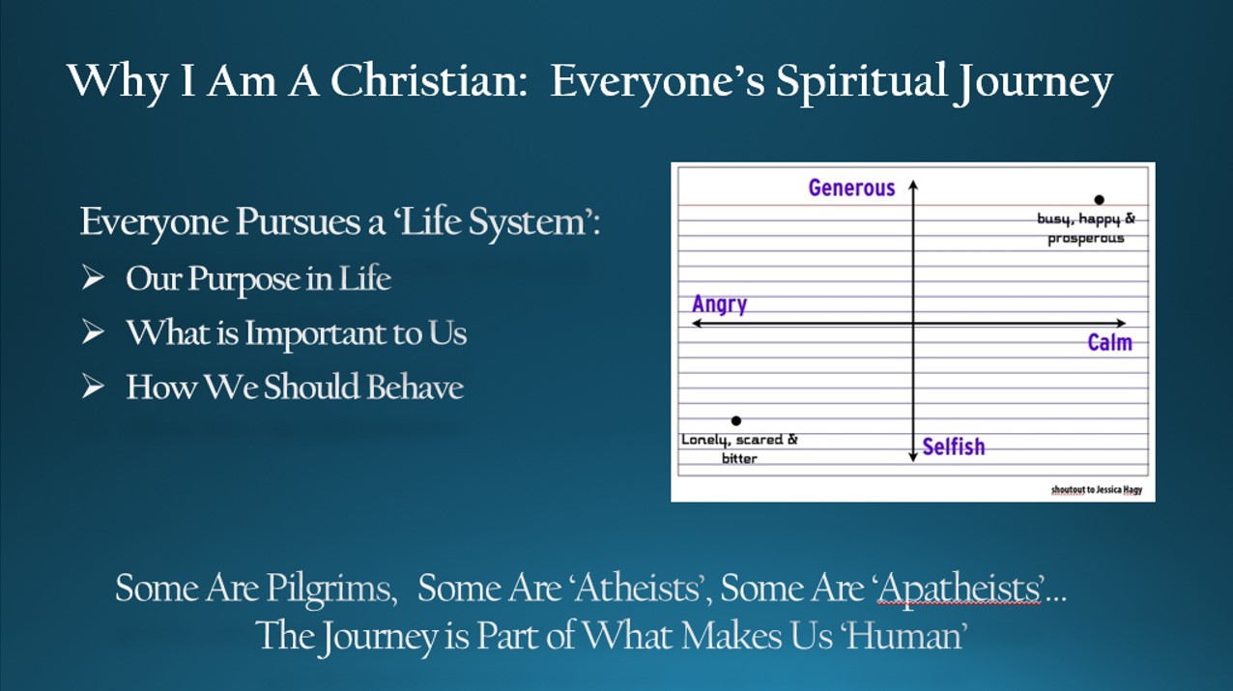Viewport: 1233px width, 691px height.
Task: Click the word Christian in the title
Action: coord(429,81)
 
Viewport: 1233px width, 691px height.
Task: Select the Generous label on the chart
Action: coord(851,187)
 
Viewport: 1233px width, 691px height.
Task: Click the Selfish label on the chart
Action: coord(954,446)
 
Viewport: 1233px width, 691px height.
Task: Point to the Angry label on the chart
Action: coord(720,304)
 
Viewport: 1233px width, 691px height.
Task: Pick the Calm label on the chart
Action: coord(1109,342)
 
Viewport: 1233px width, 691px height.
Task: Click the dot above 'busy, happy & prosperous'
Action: coord(1100,200)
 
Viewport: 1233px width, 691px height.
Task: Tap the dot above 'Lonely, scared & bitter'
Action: coord(736,421)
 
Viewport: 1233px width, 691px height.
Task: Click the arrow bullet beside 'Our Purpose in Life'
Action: coord(93,277)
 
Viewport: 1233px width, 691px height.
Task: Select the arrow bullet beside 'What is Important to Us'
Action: coord(93,332)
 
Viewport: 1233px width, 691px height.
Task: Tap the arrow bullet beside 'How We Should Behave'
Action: coord(93,386)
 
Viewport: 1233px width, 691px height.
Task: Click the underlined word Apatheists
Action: coord(960,588)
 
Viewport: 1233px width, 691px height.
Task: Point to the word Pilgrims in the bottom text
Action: coord(331,590)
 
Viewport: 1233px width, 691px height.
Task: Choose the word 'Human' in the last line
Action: coord(905,636)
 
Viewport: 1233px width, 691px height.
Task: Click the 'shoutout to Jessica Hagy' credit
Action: coord(1097,489)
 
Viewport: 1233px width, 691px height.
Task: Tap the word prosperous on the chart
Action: coord(1085,239)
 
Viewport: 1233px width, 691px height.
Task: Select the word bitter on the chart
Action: coord(739,458)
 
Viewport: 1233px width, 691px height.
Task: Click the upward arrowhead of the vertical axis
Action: coord(913,183)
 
